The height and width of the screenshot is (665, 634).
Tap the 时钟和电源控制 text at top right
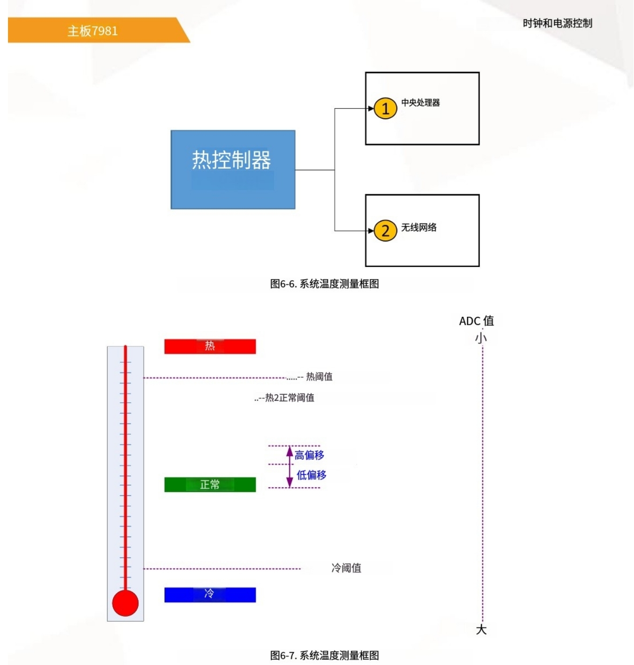(x=557, y=23)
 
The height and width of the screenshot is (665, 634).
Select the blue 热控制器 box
(x=233, y=169)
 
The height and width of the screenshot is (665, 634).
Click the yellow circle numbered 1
(x=385, y=108)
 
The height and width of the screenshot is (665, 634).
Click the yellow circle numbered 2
(x=385, y=231)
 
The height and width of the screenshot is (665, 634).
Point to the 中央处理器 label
(x=420, y=103)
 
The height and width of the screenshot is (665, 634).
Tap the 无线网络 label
(x=419, y=228)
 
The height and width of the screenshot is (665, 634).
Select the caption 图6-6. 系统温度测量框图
(x=324, y=284)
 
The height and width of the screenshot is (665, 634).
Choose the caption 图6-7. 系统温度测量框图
(x=324, y=655)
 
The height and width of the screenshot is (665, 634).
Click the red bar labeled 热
(x=210, y=346)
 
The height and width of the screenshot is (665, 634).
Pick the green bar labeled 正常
(x=210, y=484)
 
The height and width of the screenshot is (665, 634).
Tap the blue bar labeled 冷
(x=210, y=594)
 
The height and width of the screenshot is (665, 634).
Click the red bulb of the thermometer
(x=125, y=603)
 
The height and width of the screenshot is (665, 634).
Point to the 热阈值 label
(x=319, y=377)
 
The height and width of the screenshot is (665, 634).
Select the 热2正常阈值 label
(x=289, y=398)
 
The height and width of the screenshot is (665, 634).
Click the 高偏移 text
(x=309, y=455)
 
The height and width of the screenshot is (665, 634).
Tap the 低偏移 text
(x=311, y=475)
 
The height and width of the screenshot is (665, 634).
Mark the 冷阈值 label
(x=346, y=568)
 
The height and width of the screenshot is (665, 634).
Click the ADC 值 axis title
(x=476, y=321)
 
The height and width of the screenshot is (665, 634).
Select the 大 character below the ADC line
(x=481, y=630)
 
